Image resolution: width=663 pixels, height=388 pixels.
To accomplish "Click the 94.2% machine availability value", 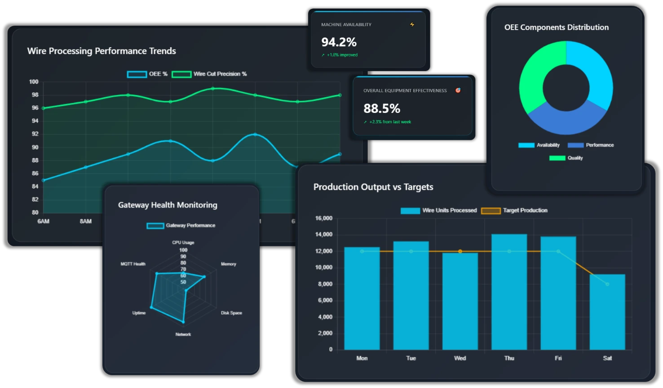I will click(x=339, y=42).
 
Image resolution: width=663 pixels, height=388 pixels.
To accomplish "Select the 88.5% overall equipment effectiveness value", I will click(x=382, y=108).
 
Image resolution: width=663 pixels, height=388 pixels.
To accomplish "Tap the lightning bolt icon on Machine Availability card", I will click(x=412, y=25).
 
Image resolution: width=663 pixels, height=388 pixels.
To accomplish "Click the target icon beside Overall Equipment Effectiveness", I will click(x=458, y=90).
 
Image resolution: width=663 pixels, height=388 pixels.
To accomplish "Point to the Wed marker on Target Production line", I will click(x=460, y=251).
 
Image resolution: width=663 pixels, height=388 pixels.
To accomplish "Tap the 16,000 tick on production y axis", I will click(x=324, y=218).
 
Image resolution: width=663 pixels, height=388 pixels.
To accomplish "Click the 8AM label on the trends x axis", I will click(x=86, y=221).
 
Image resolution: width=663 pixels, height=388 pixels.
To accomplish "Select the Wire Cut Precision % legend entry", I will click(x=209, y=74).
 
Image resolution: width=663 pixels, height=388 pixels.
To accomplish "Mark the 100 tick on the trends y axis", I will click(x=34, y=82).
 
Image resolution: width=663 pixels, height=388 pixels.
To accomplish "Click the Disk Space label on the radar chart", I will click(x=231, y=313).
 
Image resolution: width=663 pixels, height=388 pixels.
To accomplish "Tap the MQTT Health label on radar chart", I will click(x=133, y=264).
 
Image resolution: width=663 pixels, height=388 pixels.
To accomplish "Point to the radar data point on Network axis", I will click(x=183, y=322).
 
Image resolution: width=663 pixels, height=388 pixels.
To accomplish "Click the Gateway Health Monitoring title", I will click(x=168, y=205).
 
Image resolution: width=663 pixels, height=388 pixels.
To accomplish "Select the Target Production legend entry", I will click(x=514, y=210).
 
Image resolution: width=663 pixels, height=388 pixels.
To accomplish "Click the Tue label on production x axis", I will click(x=411, y=358).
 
